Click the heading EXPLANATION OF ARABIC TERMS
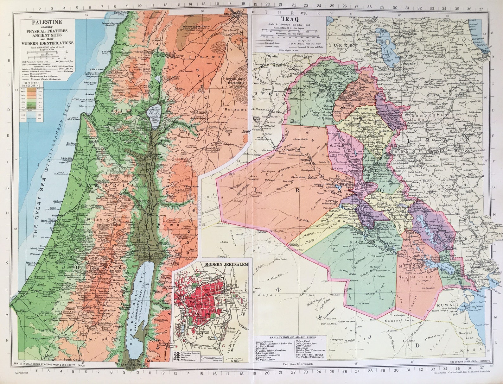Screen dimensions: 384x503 click(x=292, y=338)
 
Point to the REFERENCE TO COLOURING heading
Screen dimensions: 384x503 click(x=31, y=84)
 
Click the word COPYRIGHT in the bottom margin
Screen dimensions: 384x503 click(x=19, y=373)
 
